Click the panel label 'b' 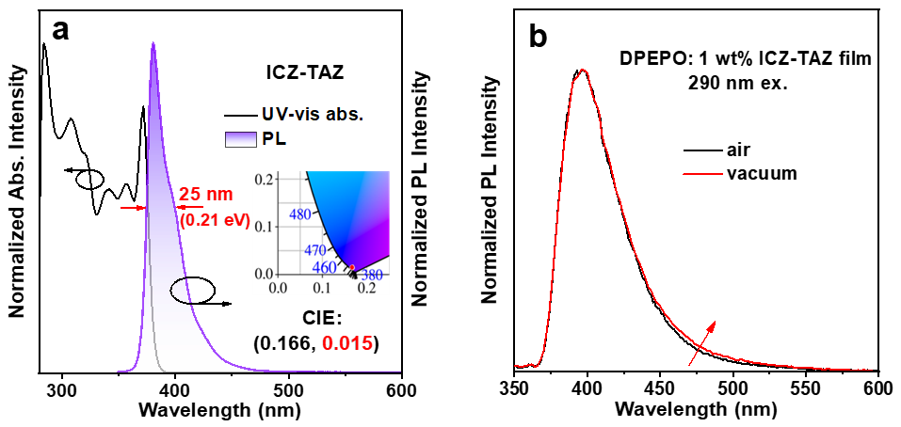(x=538, y=37)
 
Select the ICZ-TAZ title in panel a (x=298, y=70)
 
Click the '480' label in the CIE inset (x=299, y=214)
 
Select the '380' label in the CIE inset (x=372, y=276)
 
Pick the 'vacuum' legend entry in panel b (x=762, y=173)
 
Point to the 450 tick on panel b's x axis (x=660, y=386)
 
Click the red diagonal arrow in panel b (x=700, y=343)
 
